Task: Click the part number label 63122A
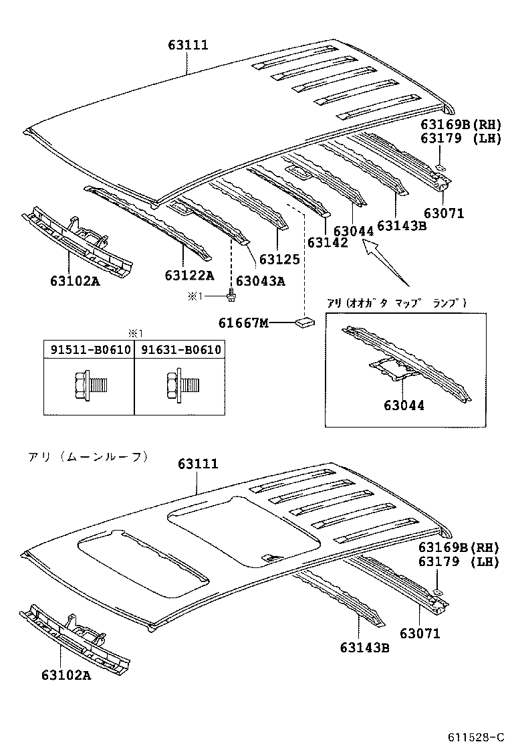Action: coord(189,275)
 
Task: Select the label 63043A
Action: coord(260,281)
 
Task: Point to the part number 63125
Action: coord(279,259)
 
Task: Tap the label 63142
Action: coord(328,242)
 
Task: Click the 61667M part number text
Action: coord(243,323)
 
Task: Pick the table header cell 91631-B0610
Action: coord(178,349)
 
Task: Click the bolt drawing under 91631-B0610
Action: coord(178,384)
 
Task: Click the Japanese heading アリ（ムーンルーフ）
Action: coord(88,457)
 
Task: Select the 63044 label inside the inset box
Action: coord(404,405)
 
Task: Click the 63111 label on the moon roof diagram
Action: coord(198,464)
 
